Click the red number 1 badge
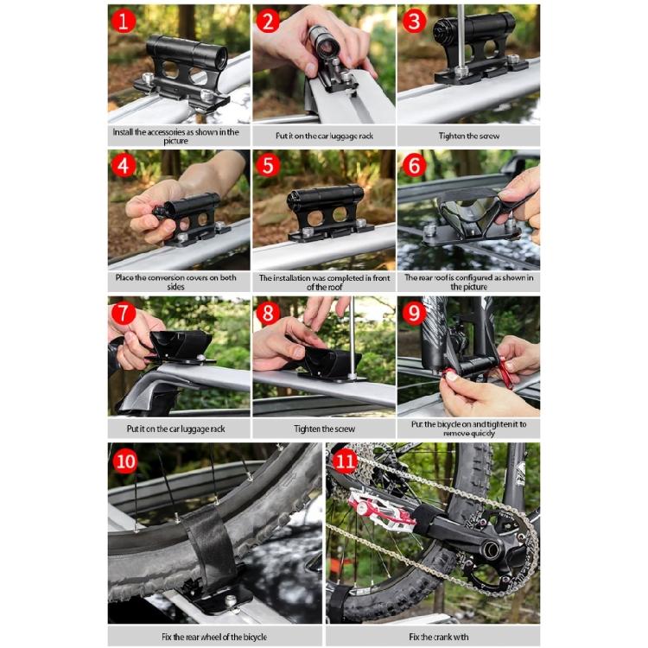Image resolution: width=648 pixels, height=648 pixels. [124, 21]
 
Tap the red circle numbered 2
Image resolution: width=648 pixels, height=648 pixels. [268, 21]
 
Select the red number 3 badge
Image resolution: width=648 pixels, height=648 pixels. [414, 21]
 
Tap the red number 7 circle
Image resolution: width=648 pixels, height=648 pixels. [124, 313]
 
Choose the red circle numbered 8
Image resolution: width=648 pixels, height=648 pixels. [268, 313]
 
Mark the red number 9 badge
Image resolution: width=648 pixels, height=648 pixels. [414, 313]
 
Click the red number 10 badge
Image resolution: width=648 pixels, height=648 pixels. [126, 460]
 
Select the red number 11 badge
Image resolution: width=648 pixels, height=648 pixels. [346, 460]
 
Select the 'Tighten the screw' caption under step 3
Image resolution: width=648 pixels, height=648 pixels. [468, 136]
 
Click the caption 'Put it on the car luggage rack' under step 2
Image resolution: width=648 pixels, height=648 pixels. [324, 136]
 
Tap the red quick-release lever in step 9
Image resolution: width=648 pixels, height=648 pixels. [499, 367]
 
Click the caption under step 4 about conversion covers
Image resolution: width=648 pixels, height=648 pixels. [179, 282]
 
